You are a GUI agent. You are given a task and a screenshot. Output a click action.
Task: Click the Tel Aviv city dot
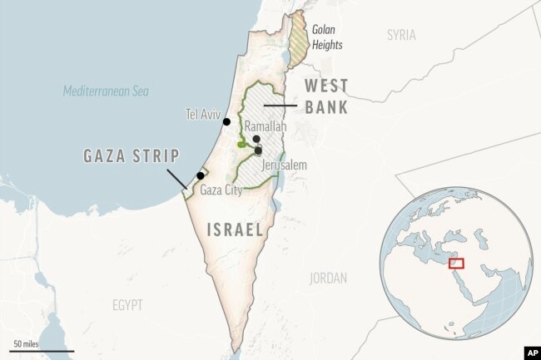(227, 122)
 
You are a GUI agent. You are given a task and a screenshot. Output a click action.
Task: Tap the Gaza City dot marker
(200, 175)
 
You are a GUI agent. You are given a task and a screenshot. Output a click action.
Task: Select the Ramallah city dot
(256, 140)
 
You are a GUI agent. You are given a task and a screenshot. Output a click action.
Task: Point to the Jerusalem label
(284, 165)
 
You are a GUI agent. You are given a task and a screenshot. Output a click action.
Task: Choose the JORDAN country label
(327, 279)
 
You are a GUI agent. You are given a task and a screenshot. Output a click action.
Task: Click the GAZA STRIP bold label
(130, 155)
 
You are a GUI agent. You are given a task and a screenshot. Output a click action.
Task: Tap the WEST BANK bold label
(325, 96)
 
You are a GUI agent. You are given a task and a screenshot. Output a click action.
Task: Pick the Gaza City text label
(221, 190)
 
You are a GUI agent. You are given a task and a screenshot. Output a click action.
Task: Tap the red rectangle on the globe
(455, 263)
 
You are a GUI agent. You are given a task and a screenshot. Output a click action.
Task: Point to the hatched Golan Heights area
(297, 42)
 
